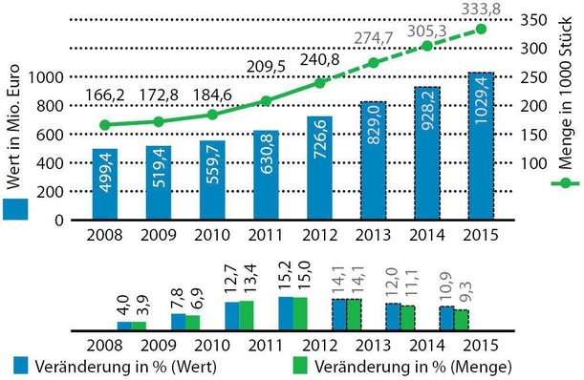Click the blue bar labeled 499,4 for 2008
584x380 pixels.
pos(119,183)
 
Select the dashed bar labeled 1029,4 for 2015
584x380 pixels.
pos(481,146)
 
